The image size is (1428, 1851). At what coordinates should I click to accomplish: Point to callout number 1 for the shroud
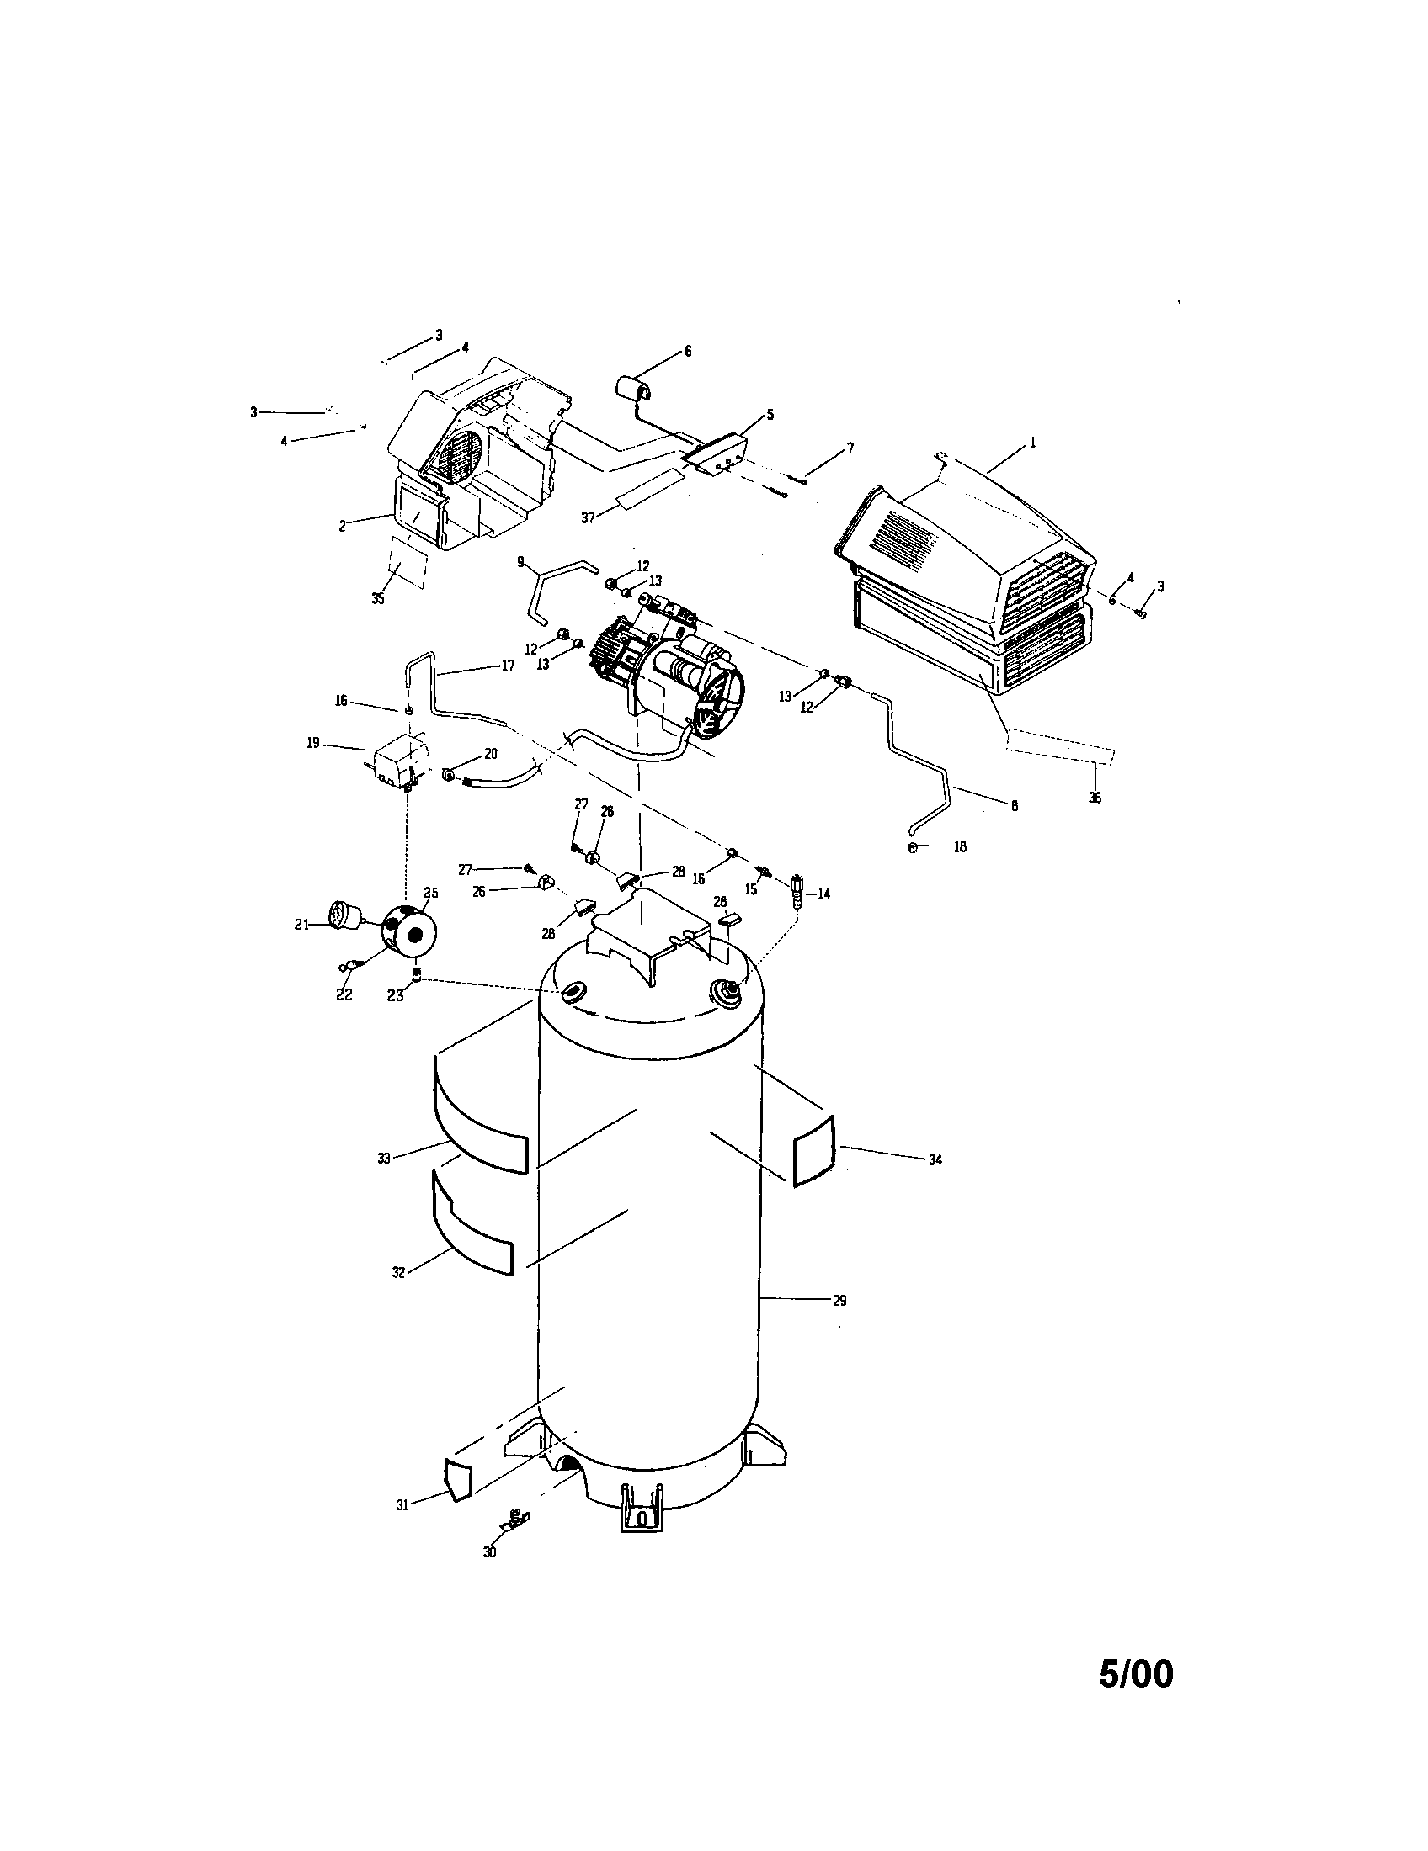point(1032,442)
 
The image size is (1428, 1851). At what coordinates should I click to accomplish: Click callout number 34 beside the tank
point(935,1160)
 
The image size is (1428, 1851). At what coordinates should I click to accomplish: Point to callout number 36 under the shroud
point(1095,798)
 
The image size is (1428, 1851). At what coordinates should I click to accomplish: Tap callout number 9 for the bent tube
point(520,560)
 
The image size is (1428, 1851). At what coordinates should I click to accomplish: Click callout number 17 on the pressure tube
point(507,666)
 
